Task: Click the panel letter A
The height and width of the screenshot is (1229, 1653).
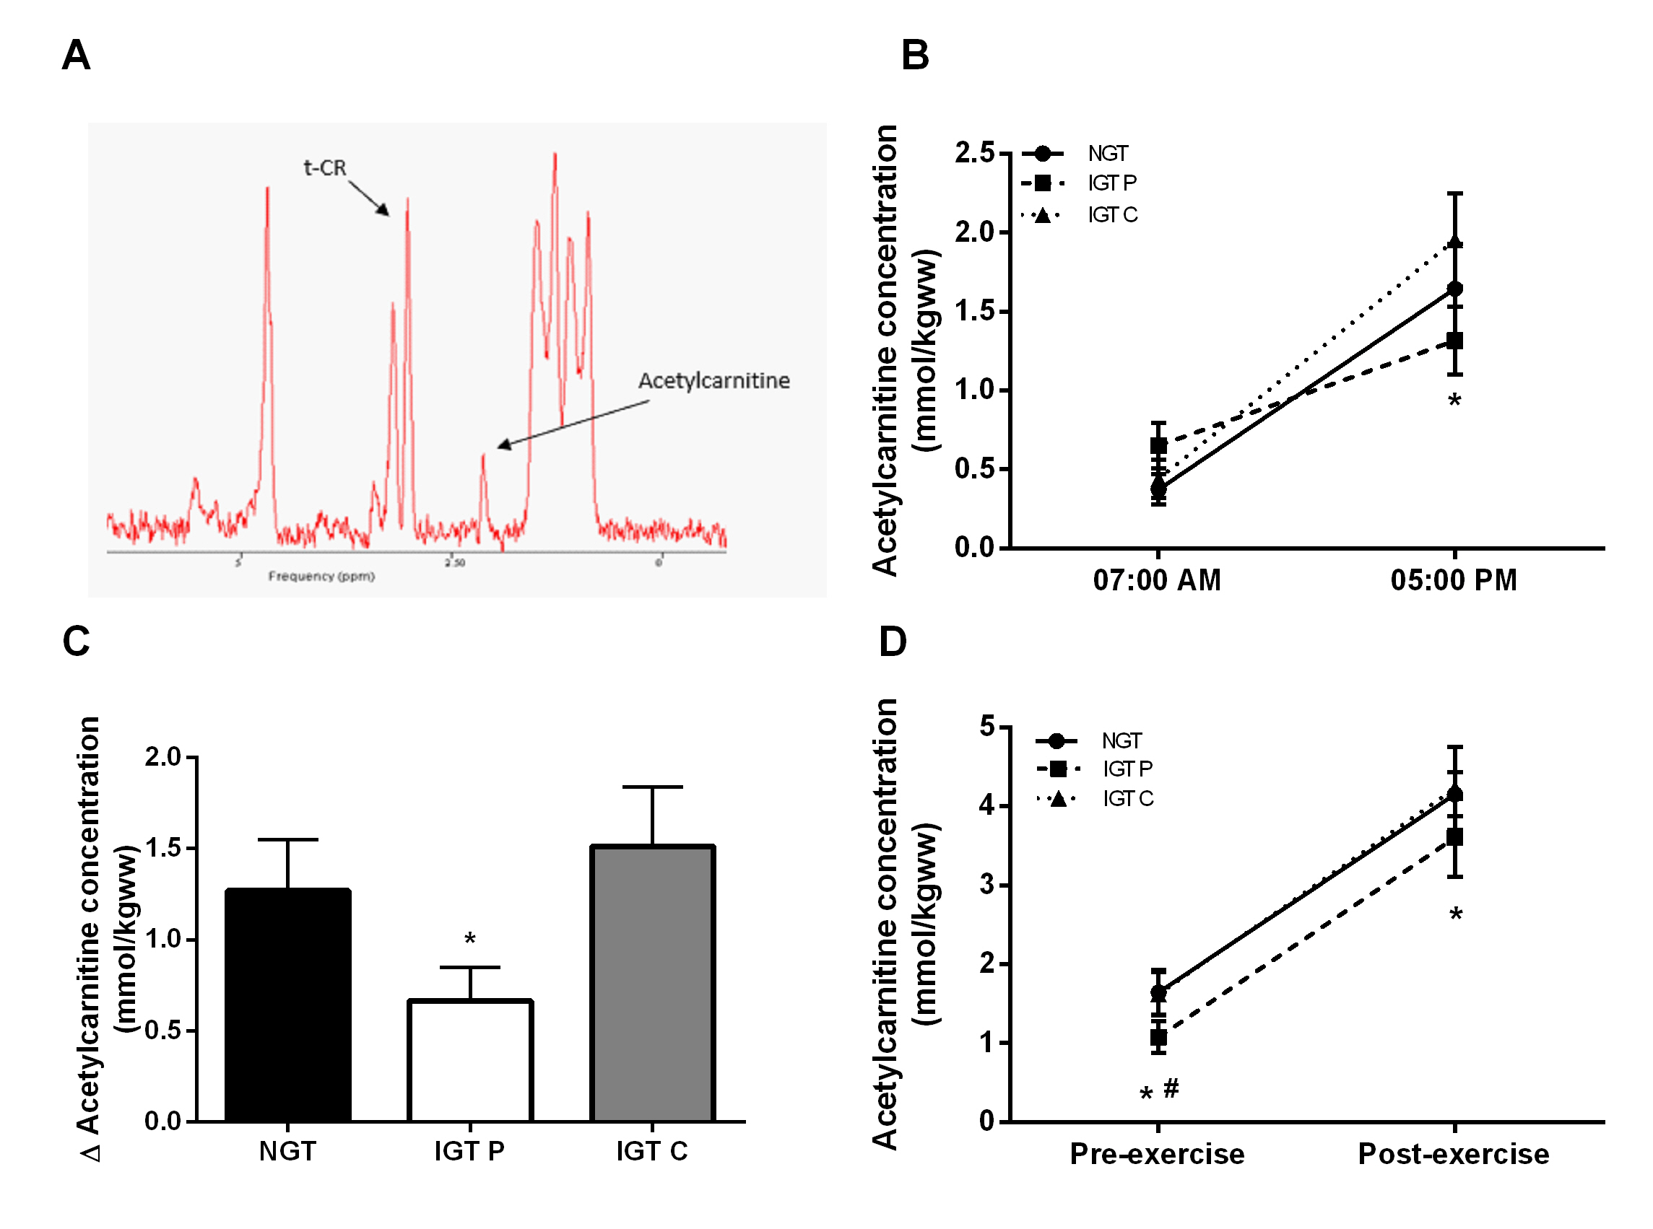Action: [x=76, y=56]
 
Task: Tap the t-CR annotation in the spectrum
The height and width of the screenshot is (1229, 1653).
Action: [x=324, y=168]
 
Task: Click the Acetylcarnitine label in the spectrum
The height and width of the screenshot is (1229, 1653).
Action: [x=713, y=381]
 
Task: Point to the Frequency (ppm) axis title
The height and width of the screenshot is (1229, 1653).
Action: [x=321, y=577]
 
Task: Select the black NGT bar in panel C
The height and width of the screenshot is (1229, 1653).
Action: [x=287, y=1005]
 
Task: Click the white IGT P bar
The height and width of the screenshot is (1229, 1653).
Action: [x=469, y=1060]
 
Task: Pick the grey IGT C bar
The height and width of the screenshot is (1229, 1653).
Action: [x=652, y=982]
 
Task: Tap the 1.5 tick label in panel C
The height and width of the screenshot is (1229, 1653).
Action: [x=164, y=848]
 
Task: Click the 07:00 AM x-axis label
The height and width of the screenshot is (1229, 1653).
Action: [x=1157, y=580]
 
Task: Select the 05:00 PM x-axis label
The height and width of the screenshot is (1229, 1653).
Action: [x=1453, y=580]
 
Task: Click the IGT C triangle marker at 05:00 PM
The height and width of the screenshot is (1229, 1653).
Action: [x=1454, y=242]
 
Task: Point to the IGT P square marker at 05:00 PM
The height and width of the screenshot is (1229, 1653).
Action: [x=1454, y=341]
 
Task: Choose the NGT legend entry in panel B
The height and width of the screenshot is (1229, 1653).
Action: [x=1107, y=154]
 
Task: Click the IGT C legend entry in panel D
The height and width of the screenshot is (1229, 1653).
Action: [x=1127, y=799]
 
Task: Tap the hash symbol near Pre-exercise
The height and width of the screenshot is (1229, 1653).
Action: [x=1171, y=1088]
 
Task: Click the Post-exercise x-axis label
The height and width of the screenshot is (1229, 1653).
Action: [x=1453, y=1154]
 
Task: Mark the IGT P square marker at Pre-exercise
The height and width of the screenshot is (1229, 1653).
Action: [x=1158, y=1037]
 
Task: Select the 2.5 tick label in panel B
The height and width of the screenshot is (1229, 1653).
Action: [x=974, y=153]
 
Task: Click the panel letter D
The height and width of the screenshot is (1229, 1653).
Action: [x=893, y=642]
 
